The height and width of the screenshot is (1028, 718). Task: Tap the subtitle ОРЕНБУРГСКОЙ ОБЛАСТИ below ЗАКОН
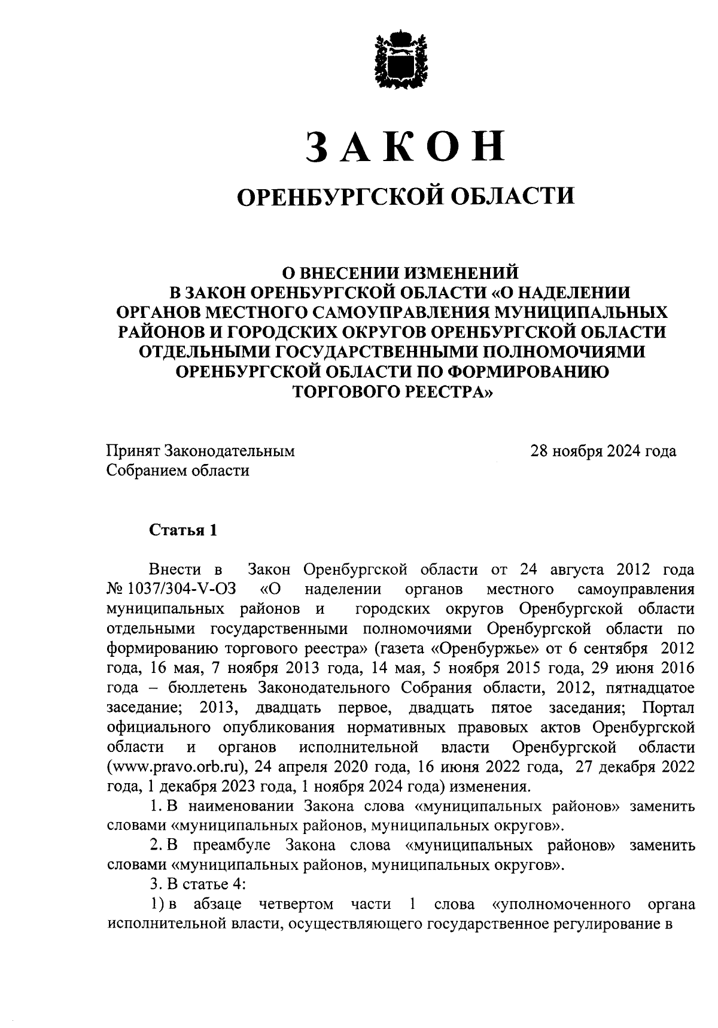[406, 196]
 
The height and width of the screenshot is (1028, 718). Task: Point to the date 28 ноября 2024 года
[603, 451]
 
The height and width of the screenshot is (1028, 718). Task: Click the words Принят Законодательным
[200, 451]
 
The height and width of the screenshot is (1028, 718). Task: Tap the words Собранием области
[178, 471]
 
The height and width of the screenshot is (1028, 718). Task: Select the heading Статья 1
[182, 530]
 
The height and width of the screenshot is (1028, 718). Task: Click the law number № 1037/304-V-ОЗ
[171, 589]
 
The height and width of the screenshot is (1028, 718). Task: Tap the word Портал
[668, 708]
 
